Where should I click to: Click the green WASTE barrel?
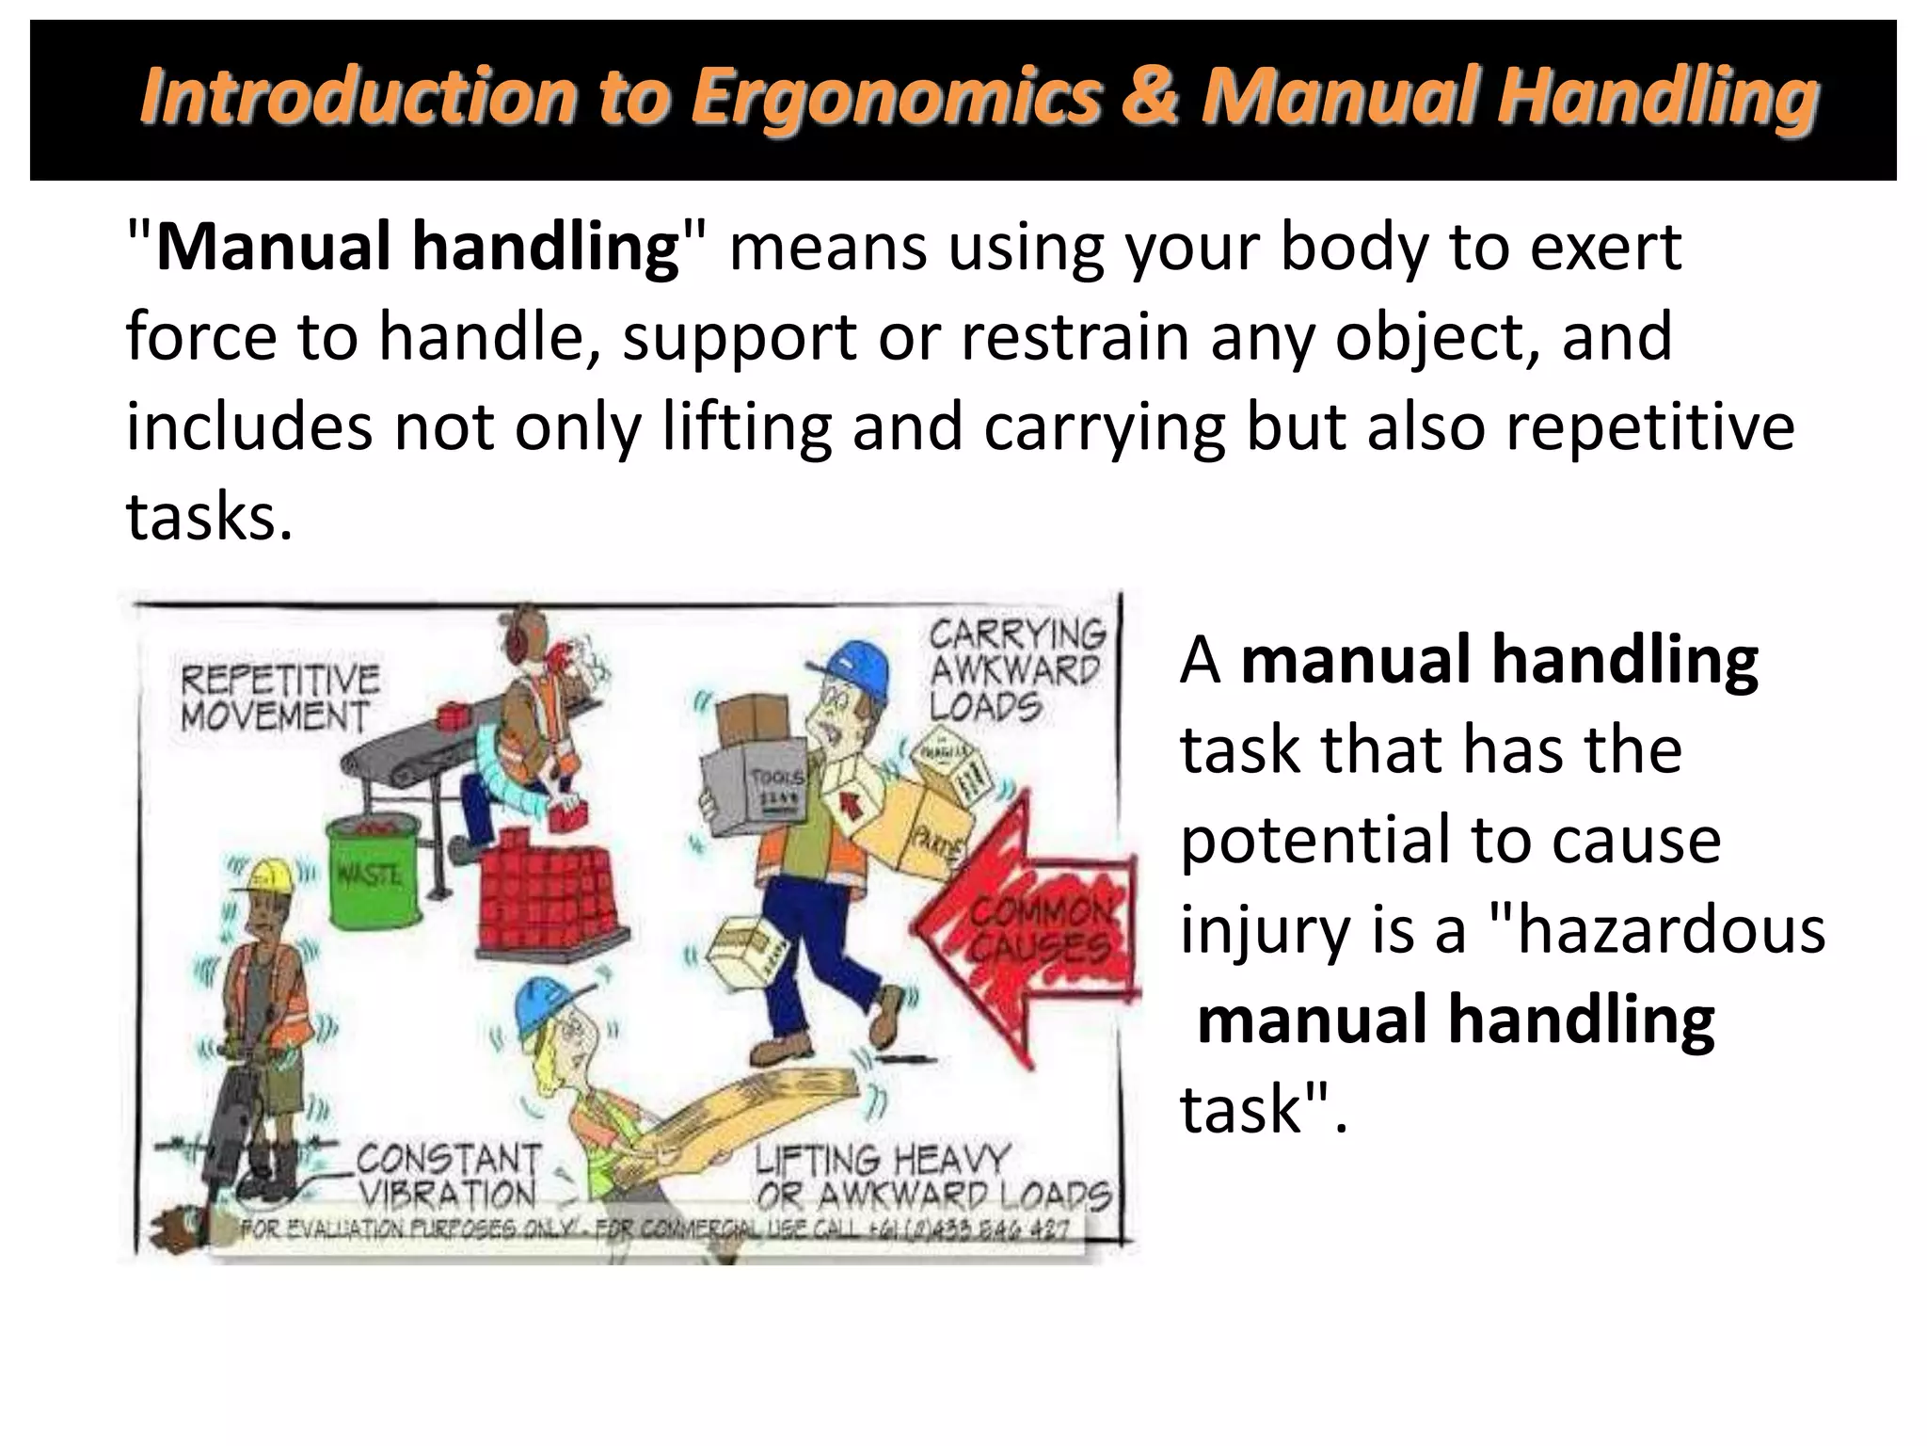pyautogui.click(x=368, y=870)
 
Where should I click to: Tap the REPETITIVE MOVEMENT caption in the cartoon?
pyautogui.click(x=279, y=698)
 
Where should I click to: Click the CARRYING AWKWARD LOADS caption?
pyautogui.click(x=1016, y=669)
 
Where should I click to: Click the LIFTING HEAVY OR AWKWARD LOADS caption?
pyautogui.click(x=932, y=1178)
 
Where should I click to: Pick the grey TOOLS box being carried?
pyautogui.click(x=754, y=791)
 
